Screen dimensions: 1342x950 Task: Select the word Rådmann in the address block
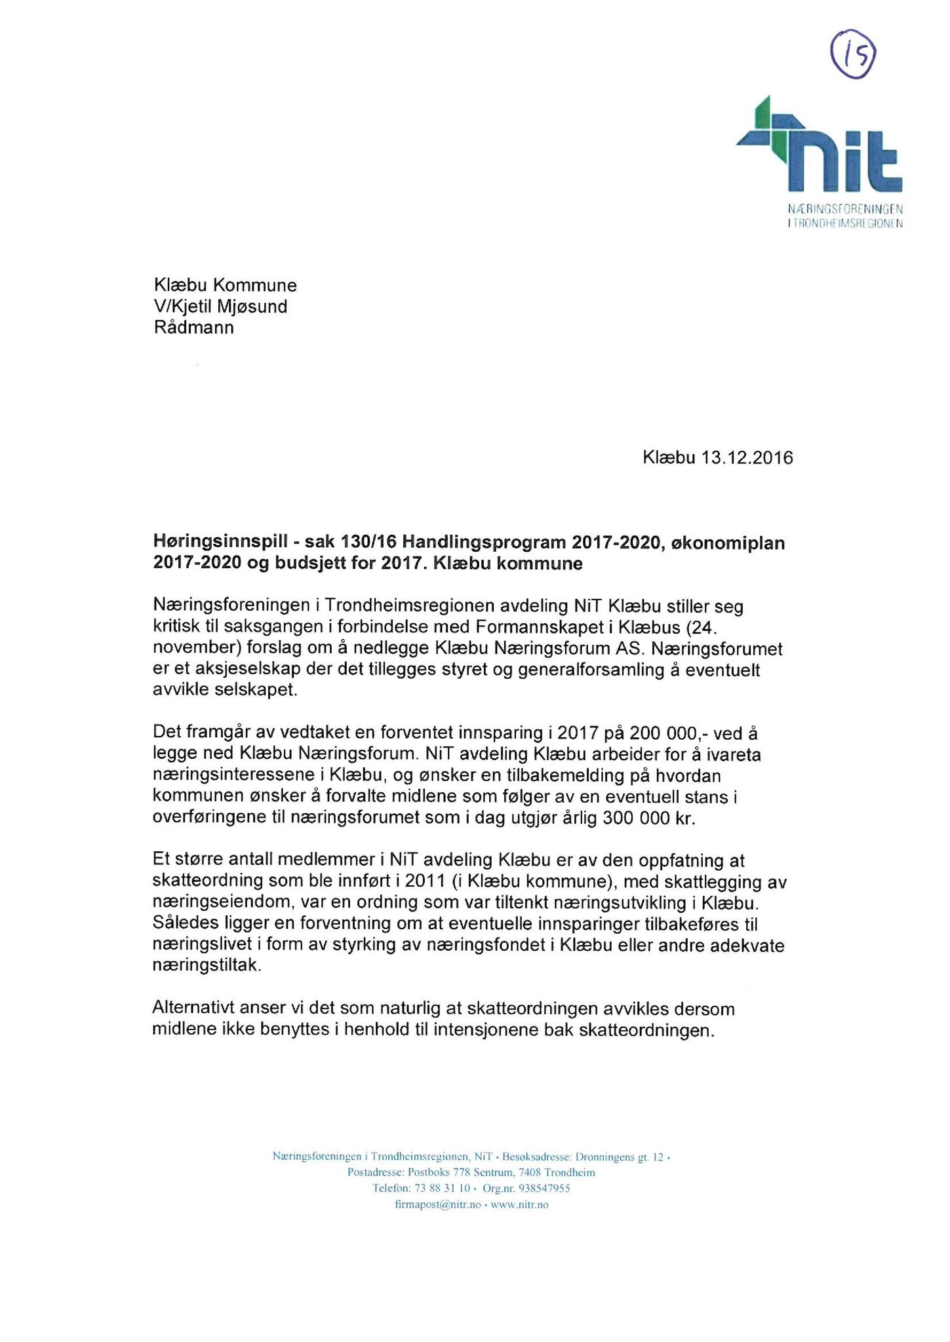click(x=194, y=328)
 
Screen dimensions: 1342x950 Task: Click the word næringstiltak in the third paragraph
click(x=206, y=966)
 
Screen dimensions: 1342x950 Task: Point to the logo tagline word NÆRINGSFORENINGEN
click(x=845, y=210)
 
